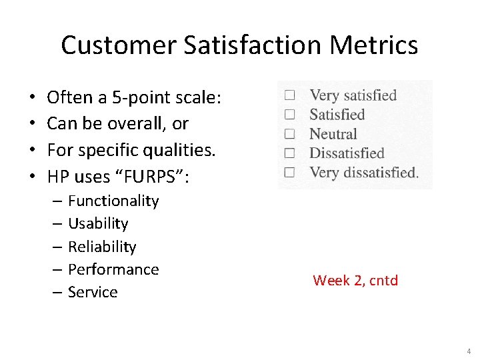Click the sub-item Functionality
pyautogui.click(x=113, y=201)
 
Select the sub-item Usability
pyautogui.click(x=98, y=224)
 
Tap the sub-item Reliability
pyautogui.click(x=102, y=247)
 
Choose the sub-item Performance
pyautogui.click(x=113, y=269)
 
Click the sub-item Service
pyautogui.click(x=93, y=292)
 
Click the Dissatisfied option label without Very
pyautogui.click(x=347, y=153)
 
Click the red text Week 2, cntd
pyautogui.click(x=355, y=281)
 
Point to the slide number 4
pyautogui.click(x=468, y=351)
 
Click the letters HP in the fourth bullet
pyautogui.click(x=58, y=177)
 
